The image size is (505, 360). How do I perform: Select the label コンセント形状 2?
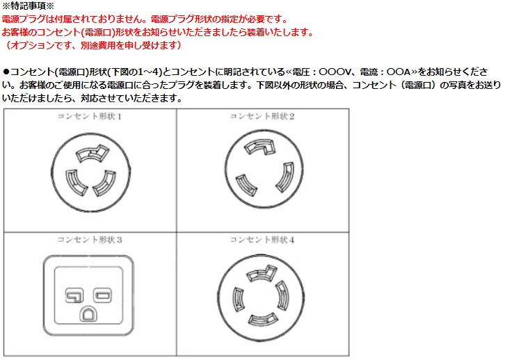pyautogui.click(x=262, y=117)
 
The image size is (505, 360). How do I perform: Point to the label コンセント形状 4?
pyautogui.click(x=262, y=240)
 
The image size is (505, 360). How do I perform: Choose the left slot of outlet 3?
pyautogui.click(x=75, y=295)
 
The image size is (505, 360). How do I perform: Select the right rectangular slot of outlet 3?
pyautogui.click(x=102, y=295)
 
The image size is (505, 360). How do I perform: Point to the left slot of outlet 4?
pyautogui.click(x=237, y=298)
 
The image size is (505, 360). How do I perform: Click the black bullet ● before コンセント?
pyautogui.click(x=6, y=72)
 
